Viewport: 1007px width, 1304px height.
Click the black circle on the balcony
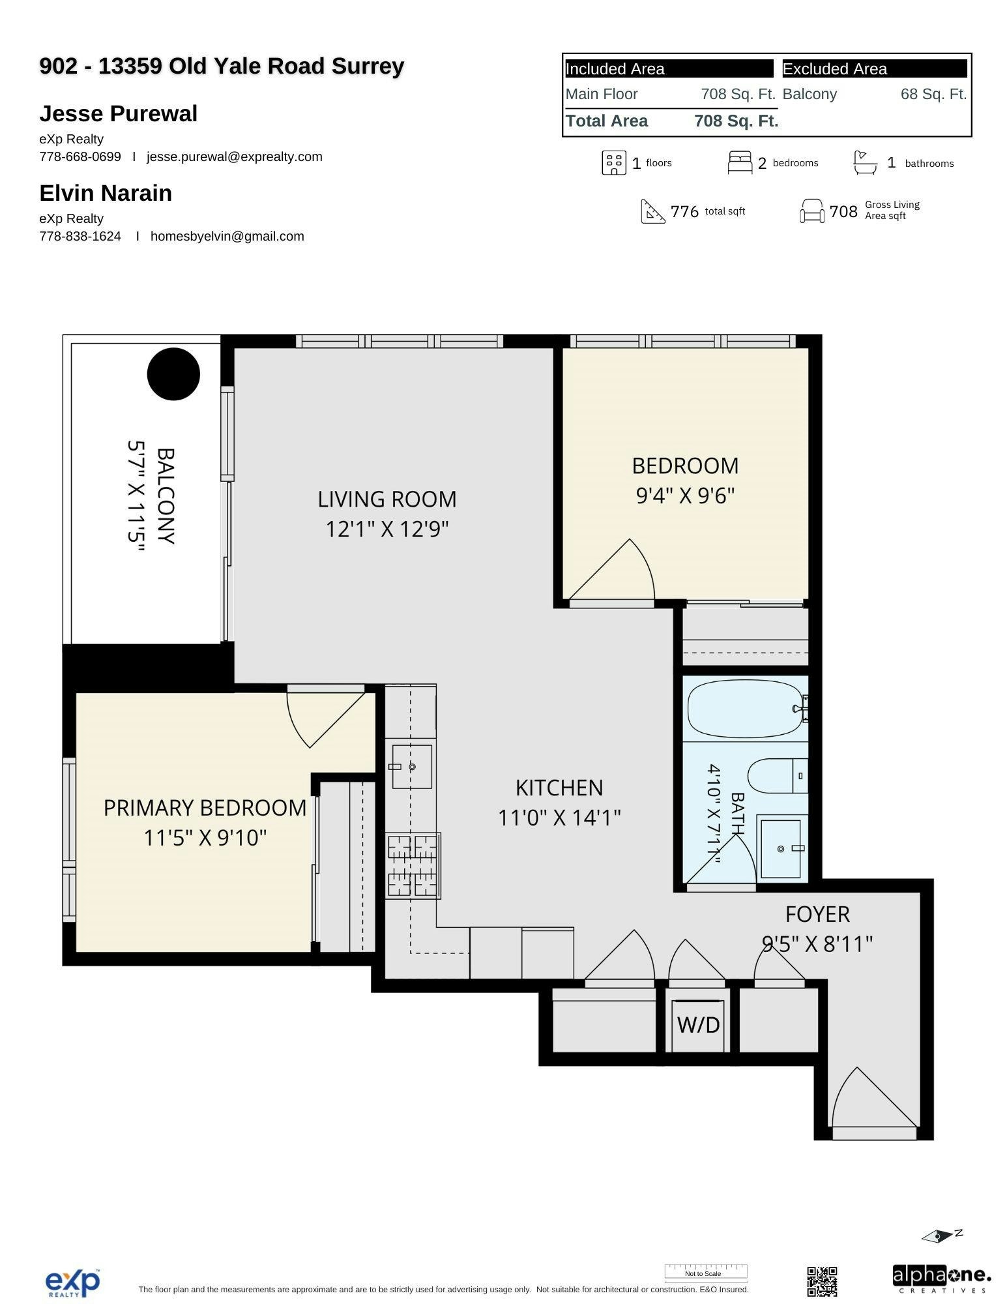point(173,374)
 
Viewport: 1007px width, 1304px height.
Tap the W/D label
point(698,1025)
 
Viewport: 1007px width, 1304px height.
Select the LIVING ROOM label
point(387,499)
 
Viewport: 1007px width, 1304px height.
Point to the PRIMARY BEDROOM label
point(205,808)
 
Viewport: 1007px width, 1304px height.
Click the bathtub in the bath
point(746,709)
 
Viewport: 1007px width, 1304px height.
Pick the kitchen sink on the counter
point(411,767)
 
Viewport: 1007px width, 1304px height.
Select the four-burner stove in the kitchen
point(413,865)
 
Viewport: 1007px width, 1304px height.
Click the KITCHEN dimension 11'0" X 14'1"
point(559,817)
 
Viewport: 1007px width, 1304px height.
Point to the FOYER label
point(817,914)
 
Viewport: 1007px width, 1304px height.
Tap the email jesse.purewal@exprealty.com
point(235,156)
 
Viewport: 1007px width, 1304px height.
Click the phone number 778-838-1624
point(80,236)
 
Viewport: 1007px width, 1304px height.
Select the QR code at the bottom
point(822,1281)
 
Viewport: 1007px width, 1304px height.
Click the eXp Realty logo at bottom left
point(73,1282)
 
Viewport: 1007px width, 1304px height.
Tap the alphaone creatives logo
point(941,1279)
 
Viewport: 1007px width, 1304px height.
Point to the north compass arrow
point(942,1236)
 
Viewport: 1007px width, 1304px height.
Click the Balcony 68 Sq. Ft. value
point(933,94)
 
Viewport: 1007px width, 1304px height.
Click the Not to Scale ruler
point(706,1271)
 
